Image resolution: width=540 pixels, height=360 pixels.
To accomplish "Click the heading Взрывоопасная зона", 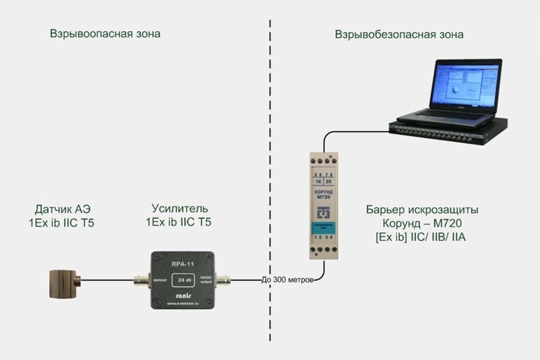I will [x=105, y=34].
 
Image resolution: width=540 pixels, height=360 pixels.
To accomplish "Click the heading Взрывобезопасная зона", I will [x=399, y=35].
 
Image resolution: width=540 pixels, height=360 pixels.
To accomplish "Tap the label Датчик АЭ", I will [x=66, y=209].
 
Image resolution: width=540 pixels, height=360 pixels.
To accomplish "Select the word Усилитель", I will [x=180, y=209].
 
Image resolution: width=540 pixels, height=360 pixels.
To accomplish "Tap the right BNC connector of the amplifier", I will [x=223, y=281].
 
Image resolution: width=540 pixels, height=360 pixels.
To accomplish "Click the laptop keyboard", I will [x=443, y=115].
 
